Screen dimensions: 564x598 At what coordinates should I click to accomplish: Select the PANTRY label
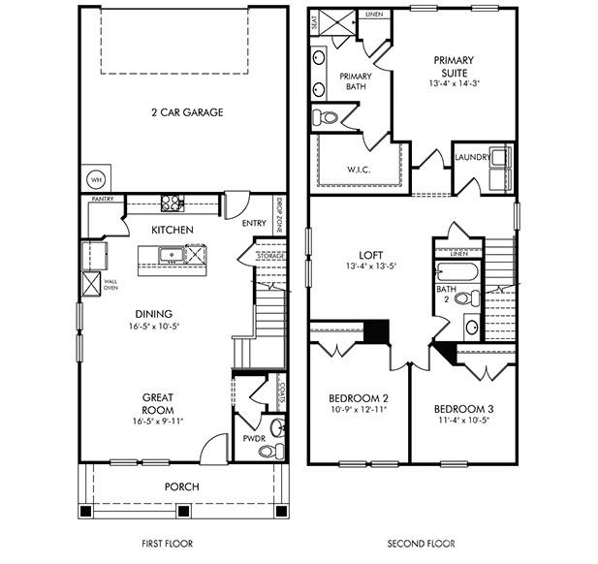(104, 199)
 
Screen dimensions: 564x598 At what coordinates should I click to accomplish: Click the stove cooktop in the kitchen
(172, 204)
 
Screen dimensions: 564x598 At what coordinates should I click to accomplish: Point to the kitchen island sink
(171, 256)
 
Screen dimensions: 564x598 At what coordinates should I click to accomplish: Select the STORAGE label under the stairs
(270, 256)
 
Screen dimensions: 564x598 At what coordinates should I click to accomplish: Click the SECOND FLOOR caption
(421, 544)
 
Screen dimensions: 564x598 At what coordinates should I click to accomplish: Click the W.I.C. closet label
(359, 170)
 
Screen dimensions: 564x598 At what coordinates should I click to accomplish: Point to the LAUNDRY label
(471, 155)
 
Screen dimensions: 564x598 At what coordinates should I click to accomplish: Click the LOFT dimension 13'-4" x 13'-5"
(371, 266)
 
